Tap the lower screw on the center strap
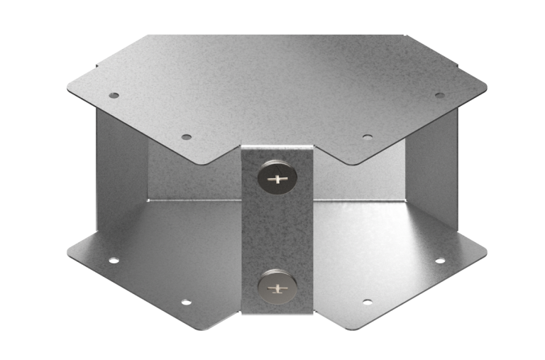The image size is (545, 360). [276, 288]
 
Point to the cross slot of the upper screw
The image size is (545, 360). [277, 179]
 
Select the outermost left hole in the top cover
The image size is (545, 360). [114, 95]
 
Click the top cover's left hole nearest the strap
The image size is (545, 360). [187, 136]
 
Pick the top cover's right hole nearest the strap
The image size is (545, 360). [367, 136]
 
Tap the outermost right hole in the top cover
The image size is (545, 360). [439, 95]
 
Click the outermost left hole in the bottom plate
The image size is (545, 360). [114, 261]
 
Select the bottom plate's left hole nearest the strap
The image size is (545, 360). [186, 302]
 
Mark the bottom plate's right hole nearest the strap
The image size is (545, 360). [367, 302]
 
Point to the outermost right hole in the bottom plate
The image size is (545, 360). [439, 261]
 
